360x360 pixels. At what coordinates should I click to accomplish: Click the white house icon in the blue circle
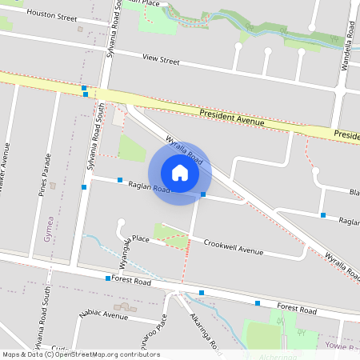(179, 173)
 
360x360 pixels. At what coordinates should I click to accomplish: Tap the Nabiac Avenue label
(104, 316)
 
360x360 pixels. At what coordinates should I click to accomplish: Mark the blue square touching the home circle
(203, 194)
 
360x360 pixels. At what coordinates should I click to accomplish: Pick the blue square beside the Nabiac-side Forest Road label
(108, 278)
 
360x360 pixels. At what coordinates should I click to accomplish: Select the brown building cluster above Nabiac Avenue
(123, 306)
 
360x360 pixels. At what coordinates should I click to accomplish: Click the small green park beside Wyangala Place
(169, 234)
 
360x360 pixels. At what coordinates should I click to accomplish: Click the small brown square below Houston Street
(80, 30)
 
